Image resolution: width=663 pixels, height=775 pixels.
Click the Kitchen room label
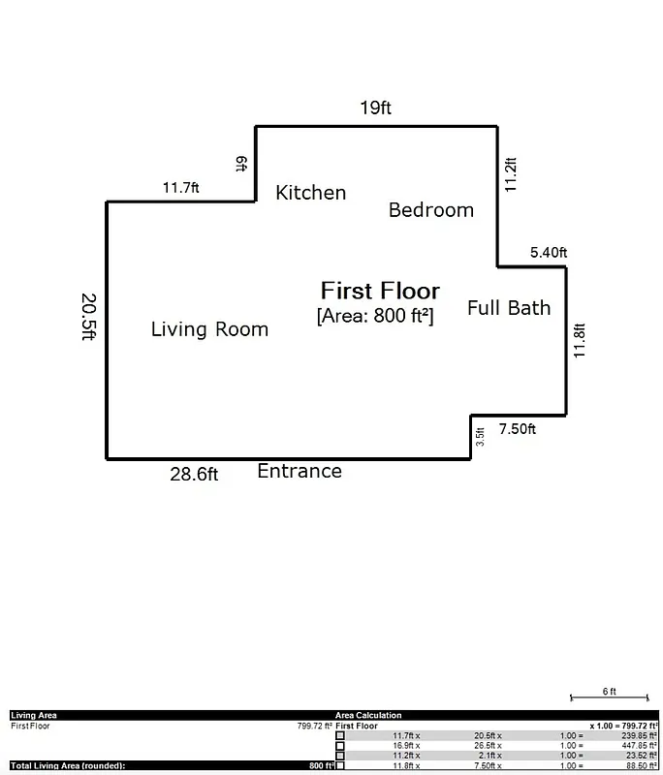click(310, 193)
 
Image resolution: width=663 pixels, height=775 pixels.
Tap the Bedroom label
click(430, 210)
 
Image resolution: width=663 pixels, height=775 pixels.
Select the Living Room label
click(209, 329)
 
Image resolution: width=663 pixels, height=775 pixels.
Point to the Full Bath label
click(508, 308)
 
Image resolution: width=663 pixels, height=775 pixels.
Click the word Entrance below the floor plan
click(299, 472)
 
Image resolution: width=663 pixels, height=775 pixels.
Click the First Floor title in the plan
click(380, 291)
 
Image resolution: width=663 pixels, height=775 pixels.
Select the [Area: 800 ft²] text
click(375, 316)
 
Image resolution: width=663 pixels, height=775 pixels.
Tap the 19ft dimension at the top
click(375, 108)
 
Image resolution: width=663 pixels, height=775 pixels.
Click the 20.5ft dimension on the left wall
click(88, 317)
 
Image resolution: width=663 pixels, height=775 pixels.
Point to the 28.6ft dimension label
click(194, 474)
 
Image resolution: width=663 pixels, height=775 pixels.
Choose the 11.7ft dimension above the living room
click(180, 188)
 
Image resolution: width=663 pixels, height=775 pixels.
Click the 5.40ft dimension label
click(548, 253)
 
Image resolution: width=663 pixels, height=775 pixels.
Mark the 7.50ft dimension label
click(517, 429)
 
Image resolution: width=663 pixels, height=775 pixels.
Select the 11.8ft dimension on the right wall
click(580, 341)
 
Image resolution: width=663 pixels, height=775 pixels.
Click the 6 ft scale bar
click(608, 696)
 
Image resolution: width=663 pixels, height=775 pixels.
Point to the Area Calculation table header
click(368, 715)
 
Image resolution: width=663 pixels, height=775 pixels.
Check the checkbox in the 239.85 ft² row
click(340, 735)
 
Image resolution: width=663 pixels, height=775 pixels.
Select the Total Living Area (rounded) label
click(68, 765)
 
